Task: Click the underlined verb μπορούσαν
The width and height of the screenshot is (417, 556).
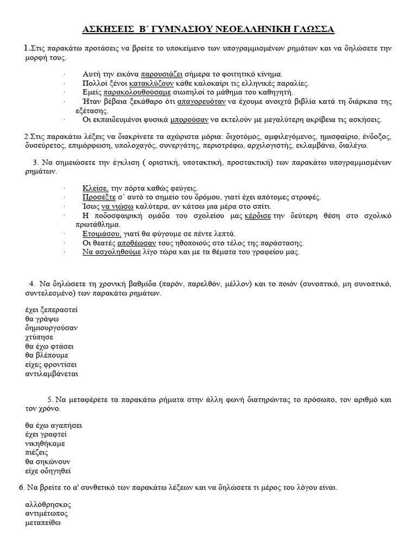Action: coord(189,119)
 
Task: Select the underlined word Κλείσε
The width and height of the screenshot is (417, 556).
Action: coord(96,188)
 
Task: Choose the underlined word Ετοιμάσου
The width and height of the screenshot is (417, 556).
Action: coord(102,233)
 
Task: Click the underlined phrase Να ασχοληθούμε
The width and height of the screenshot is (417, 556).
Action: coord(111,252)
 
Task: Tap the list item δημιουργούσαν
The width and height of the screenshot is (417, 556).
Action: coord(51,328)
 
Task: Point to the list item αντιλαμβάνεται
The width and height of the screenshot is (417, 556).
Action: coord(52,374)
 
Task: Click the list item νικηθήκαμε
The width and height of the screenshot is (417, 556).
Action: coord(47,444)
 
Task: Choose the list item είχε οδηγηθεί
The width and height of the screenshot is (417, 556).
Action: coord(48,471)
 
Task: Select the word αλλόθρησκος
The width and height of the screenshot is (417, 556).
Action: coord(48,504)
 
